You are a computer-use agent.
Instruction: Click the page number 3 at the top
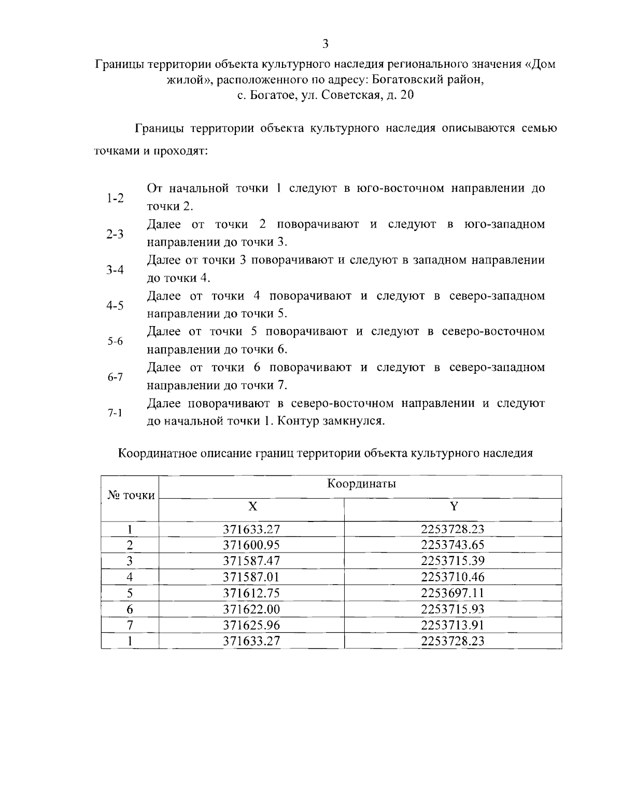coord(325,43)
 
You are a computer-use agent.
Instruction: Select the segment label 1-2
coord(115,197)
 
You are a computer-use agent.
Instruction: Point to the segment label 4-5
coord(115,305)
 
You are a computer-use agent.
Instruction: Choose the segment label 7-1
coord(115,413)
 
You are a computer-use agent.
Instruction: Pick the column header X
coord(251,506)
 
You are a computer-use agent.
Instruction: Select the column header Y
coord(454,506)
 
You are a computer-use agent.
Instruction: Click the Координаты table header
coord(361,484)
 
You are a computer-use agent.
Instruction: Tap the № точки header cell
coord(131,496)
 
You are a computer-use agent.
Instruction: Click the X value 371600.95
coord(251,545)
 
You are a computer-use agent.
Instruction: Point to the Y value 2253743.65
coord(453,545)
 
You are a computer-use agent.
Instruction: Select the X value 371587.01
coord(251,577)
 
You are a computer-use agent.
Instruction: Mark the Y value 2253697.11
coord(453,593)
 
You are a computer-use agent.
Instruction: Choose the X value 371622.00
coord(251,609)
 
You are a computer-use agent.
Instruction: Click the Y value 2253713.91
coord(453,625)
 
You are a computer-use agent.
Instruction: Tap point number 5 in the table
coord(130,593)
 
